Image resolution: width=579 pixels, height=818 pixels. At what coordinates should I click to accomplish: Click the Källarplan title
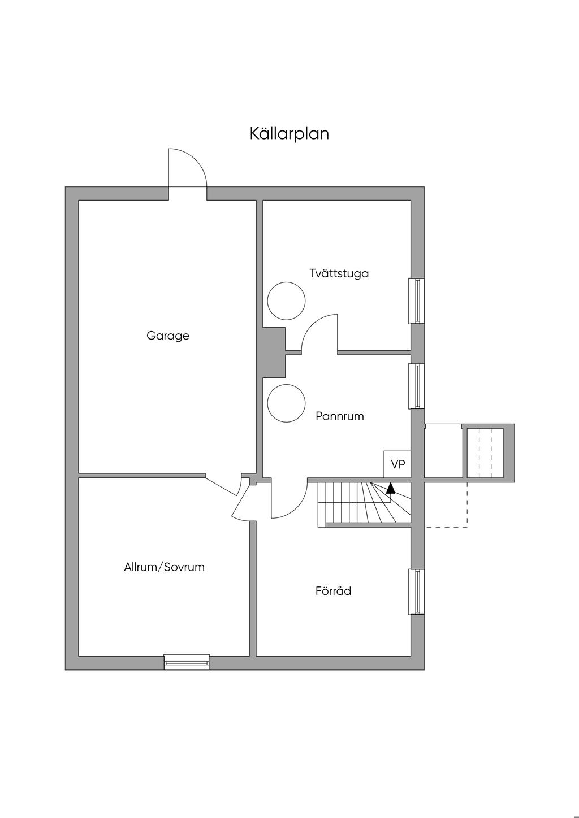pyautogui.click(x=289, y=134)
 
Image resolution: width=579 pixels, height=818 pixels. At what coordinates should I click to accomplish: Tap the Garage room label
pyautogui.click(x=168, y=336)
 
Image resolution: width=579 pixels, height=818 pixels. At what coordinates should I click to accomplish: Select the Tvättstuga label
pyautogui.click(x=339, y=273)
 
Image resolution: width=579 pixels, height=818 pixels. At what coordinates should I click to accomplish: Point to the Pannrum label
pyautogui.click(x=340, y=416)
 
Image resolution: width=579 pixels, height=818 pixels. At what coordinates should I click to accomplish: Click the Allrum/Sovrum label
pyautogui.click(x=164, y=567)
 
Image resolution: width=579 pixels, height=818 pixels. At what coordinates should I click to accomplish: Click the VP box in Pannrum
pyautogui.click(x=397, y=464)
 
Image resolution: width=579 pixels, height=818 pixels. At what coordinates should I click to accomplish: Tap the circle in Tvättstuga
pyautogui.click(x=286, y=301)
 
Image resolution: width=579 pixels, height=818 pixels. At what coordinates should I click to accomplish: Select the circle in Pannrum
pyautogui.click(x=286, y=403)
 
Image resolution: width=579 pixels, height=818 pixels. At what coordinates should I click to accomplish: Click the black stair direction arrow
pyautogui.click(x=391, y=488)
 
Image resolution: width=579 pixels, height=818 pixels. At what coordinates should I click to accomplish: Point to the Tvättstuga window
pyautogui.click(x=416, y=301)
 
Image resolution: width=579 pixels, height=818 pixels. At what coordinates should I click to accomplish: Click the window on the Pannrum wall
pyautogui.click(x=416, y=386)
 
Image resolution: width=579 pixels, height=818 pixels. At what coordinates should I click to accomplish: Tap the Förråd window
pyautogui.click(x=416, y=591)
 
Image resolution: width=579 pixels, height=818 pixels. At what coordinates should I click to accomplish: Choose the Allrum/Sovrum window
pyautogui.click(x=187, y=662)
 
